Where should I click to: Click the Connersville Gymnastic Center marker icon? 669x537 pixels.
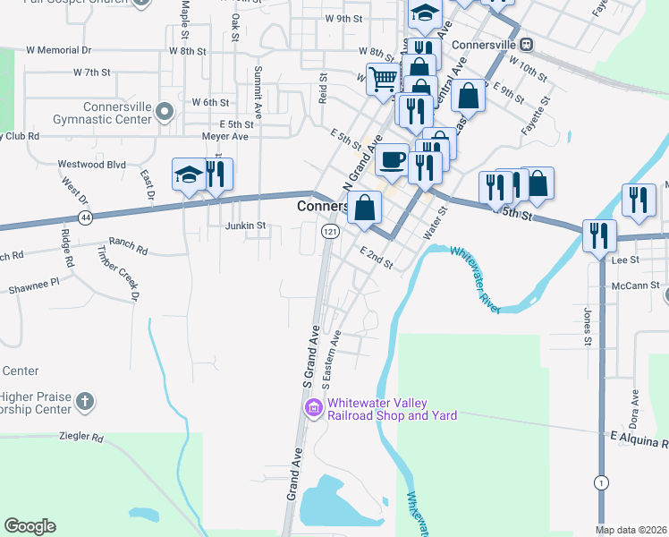click(164, 112)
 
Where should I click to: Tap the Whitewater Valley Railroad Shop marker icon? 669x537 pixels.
click(314, 409)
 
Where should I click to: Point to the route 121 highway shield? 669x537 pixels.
click(331, 231)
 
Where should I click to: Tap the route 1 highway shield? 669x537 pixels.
click(601, 483)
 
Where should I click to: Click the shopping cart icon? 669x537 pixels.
click(384, 79)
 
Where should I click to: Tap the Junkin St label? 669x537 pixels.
click(245, 226)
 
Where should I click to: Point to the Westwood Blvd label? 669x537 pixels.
click(91, 165)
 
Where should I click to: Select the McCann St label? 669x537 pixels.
click(636, 286)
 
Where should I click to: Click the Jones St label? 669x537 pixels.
click(588, 328)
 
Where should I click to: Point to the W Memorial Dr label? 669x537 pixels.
click(59, 50)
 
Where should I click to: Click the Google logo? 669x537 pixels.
click(30, 526)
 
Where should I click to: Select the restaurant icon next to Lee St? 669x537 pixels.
click(597, 235)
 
